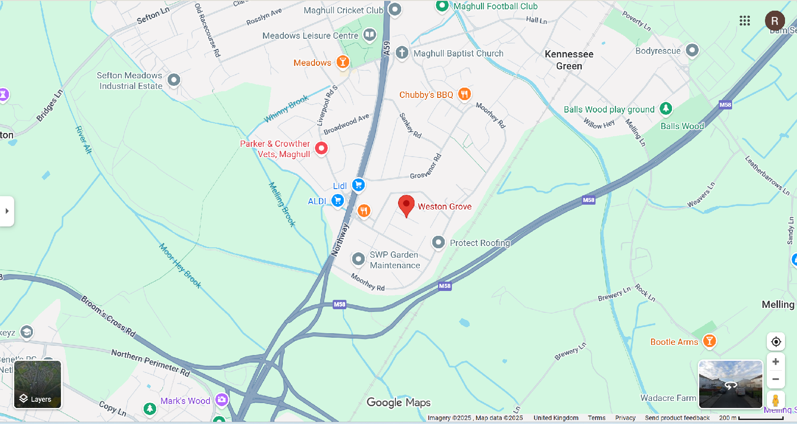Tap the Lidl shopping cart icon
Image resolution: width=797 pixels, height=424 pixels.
[358, 185]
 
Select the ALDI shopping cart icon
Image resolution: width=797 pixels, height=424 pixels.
[338, 201]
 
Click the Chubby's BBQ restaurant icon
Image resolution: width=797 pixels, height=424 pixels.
[464, 94]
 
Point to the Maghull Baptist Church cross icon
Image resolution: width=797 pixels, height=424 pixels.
[402, 52]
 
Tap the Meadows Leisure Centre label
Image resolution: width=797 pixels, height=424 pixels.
[310, 36]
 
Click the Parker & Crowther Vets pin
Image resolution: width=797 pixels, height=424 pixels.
[321, 148]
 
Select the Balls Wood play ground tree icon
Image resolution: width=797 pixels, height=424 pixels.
[665, 108]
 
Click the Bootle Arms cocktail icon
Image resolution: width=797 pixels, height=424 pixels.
[709, 341]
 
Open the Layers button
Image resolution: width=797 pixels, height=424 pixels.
[38, 384]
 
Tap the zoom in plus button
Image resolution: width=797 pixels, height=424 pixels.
[776, 362]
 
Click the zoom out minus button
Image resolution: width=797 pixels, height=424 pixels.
[776, 379]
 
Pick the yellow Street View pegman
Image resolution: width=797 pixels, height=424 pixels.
[776, 400]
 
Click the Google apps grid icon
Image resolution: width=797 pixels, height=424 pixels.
[745, 20]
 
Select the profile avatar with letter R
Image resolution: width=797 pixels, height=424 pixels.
[774, 20]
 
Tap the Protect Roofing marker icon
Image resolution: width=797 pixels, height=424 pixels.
[438, 242]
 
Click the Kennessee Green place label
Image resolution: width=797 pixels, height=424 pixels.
[569, 60]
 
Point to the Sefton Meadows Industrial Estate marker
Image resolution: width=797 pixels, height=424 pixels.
[173, 80]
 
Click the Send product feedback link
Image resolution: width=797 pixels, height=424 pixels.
[677, 418]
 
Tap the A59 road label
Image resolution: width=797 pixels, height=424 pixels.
[386, 48]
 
